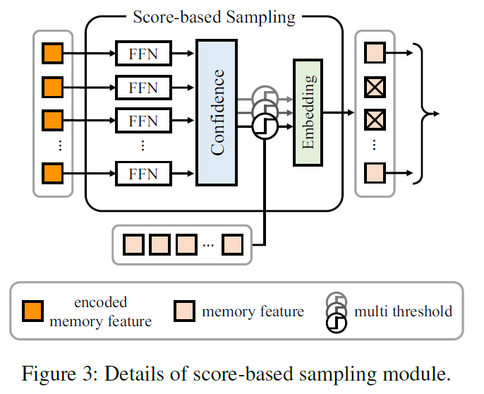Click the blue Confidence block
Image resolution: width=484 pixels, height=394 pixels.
pos(217,112)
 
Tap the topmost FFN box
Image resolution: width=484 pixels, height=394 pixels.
pos(143,52)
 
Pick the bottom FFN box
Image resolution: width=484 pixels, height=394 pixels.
pos(143,173)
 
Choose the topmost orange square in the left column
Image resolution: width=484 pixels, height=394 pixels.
pos(53,52)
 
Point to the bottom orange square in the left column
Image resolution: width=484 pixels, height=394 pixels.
pos(53,172)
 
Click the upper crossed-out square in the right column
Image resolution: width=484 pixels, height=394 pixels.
pos(374,88)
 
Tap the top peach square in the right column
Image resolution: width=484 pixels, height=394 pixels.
pos(374,52)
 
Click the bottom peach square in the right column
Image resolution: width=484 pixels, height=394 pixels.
pos(374,172)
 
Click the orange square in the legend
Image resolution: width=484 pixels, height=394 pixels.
pos(33,311)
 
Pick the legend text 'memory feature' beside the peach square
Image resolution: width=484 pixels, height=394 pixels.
pos(253,311)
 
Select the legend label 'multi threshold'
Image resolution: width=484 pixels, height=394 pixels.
pos(403,311)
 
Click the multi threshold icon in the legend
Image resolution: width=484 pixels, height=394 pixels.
pos(337,311)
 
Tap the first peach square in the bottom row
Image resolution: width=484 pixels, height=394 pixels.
pos(133,244)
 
